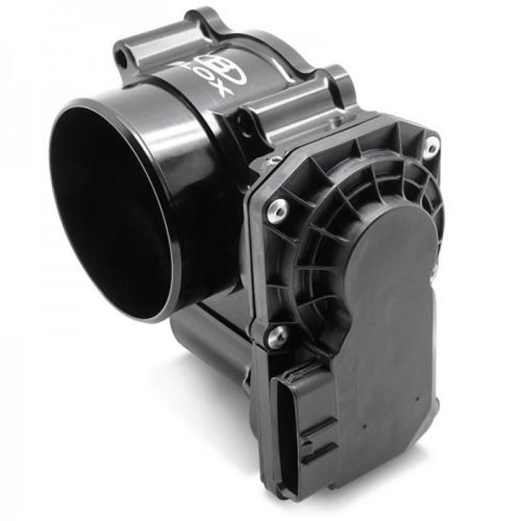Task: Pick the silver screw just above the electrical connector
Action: click(277, 335)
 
